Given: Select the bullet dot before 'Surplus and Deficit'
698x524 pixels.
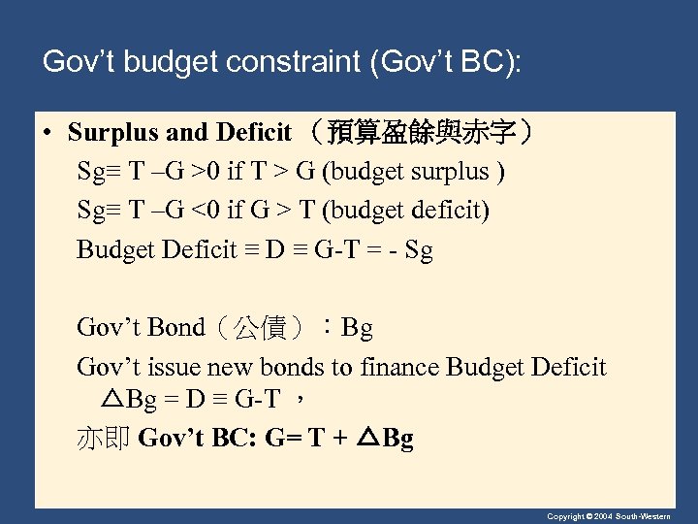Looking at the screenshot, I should coord(46,132).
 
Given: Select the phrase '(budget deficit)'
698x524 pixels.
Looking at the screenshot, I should coord(407,211).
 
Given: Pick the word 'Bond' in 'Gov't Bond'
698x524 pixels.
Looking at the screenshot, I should coord(177,328).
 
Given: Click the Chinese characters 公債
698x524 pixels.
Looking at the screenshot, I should coord(262,329).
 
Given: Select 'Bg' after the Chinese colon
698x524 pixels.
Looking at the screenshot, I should coord(357,328).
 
